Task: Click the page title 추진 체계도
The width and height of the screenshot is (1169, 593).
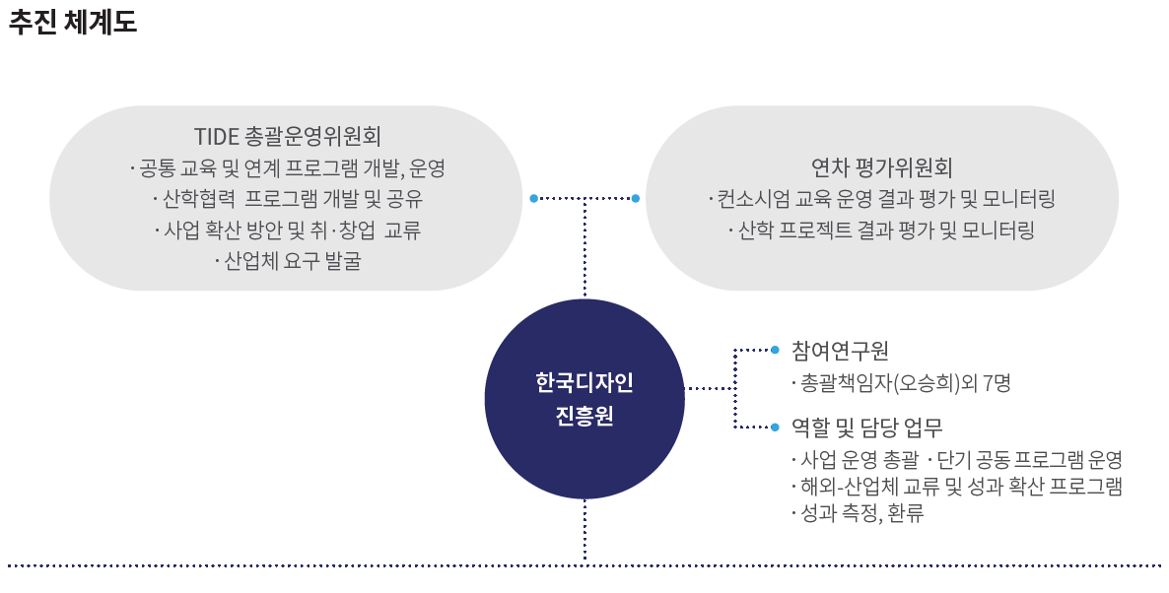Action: pyautogui.click(x=73, y=23)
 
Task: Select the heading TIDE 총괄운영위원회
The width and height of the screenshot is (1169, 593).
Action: pyautogui.click(x=288, y=135)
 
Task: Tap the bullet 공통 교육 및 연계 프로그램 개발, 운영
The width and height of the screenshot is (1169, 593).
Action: pyautogui.click(x=288, y=167)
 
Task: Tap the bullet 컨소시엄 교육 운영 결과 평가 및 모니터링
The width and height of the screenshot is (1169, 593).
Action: pyautogui.click(x=881, y=199)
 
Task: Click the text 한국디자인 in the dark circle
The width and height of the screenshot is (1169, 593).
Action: pyautogui.click(x=584, y=381)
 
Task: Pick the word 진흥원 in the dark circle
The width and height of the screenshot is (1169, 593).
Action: pyautogui.click(x=584, y=416)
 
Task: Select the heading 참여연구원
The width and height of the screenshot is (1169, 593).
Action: pyautogui.click(x=840, y=350)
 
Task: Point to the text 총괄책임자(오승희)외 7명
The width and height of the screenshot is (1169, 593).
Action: pyautogui.click(x=901, y=382)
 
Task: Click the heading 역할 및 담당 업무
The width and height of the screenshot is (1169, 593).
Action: pyautogui.click(x=867, y=428)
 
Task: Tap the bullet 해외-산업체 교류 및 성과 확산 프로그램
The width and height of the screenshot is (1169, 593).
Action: pyautogui.click(x=956, y=487)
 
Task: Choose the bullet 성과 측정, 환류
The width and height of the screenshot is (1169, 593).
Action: pyautogui.click(x=857, y=513)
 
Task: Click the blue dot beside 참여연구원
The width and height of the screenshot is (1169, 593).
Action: pyautogui.click(x=775, y=349)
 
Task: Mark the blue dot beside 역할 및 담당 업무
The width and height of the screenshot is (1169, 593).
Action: pyautogui.click(x=775, y=427)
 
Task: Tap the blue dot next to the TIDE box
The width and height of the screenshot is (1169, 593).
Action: pyautogui.click(x=533, y=199)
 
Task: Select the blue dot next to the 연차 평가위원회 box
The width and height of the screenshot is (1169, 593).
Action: pyautogui.click(x=636, y=199)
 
